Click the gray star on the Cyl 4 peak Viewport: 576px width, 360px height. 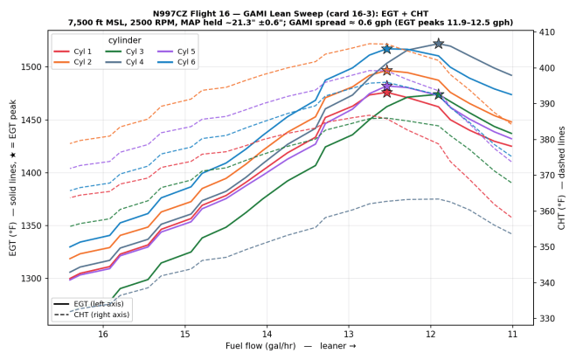click(x=438, y=44)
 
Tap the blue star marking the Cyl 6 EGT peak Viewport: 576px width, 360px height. click(x=387, y=49)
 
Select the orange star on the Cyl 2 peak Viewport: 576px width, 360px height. click(x=387, y=71)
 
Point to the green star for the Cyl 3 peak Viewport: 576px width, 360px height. click(x=438, y=94)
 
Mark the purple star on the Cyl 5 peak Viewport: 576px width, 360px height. click(x=387, y=86)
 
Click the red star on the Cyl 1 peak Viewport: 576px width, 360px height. click(x=387, y=93)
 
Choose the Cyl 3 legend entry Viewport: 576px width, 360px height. click(x=124, y=52)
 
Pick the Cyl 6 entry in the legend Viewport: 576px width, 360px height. click(x=177, y=62)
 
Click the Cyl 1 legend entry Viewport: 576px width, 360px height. click(x=73, y=52)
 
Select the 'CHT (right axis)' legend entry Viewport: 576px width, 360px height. click(x=92, y=315)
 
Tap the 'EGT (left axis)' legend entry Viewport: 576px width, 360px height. click(x=89, y=304)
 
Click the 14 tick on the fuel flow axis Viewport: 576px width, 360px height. click(x=267, y=334)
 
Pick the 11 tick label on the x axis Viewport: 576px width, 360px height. click(x=512, y=334)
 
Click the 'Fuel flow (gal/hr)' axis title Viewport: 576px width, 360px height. click(x=260, y=346)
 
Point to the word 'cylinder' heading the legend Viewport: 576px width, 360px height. click(x=124, y=40)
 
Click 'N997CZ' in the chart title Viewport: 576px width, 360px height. click(x=168, y=14)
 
